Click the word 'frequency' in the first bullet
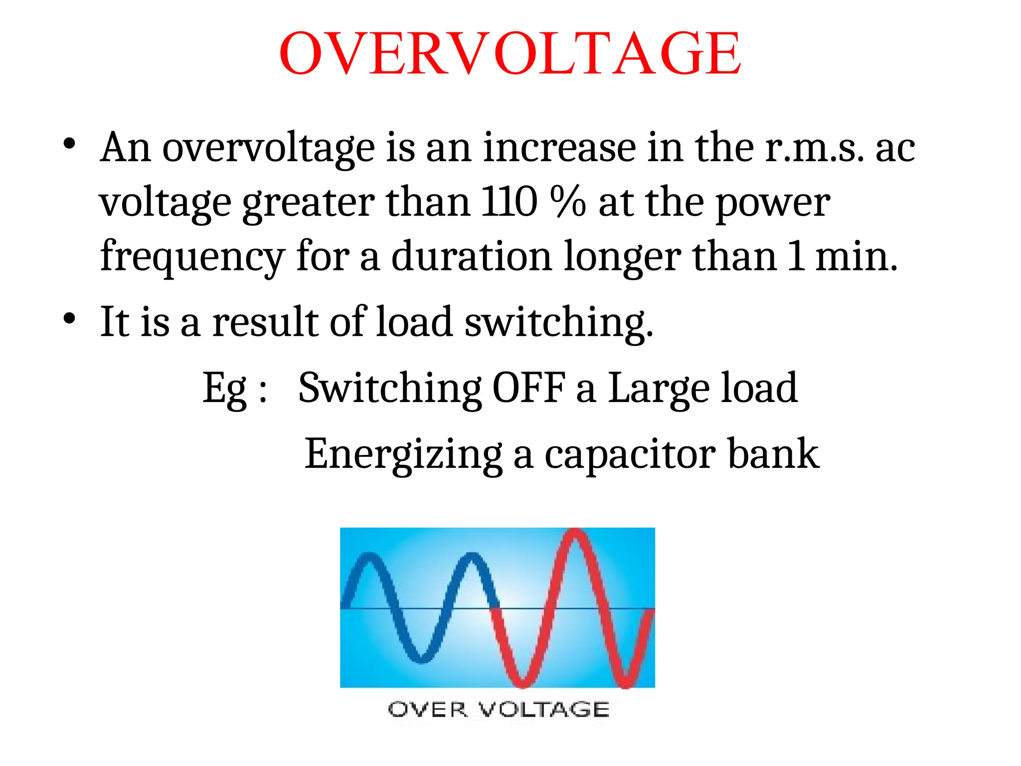192,257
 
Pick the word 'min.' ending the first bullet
856,256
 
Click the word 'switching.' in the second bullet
558,323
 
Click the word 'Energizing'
403,454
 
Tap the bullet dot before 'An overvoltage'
69,145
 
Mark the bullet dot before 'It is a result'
69,318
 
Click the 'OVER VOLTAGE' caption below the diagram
498,709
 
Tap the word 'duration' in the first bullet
471,256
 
